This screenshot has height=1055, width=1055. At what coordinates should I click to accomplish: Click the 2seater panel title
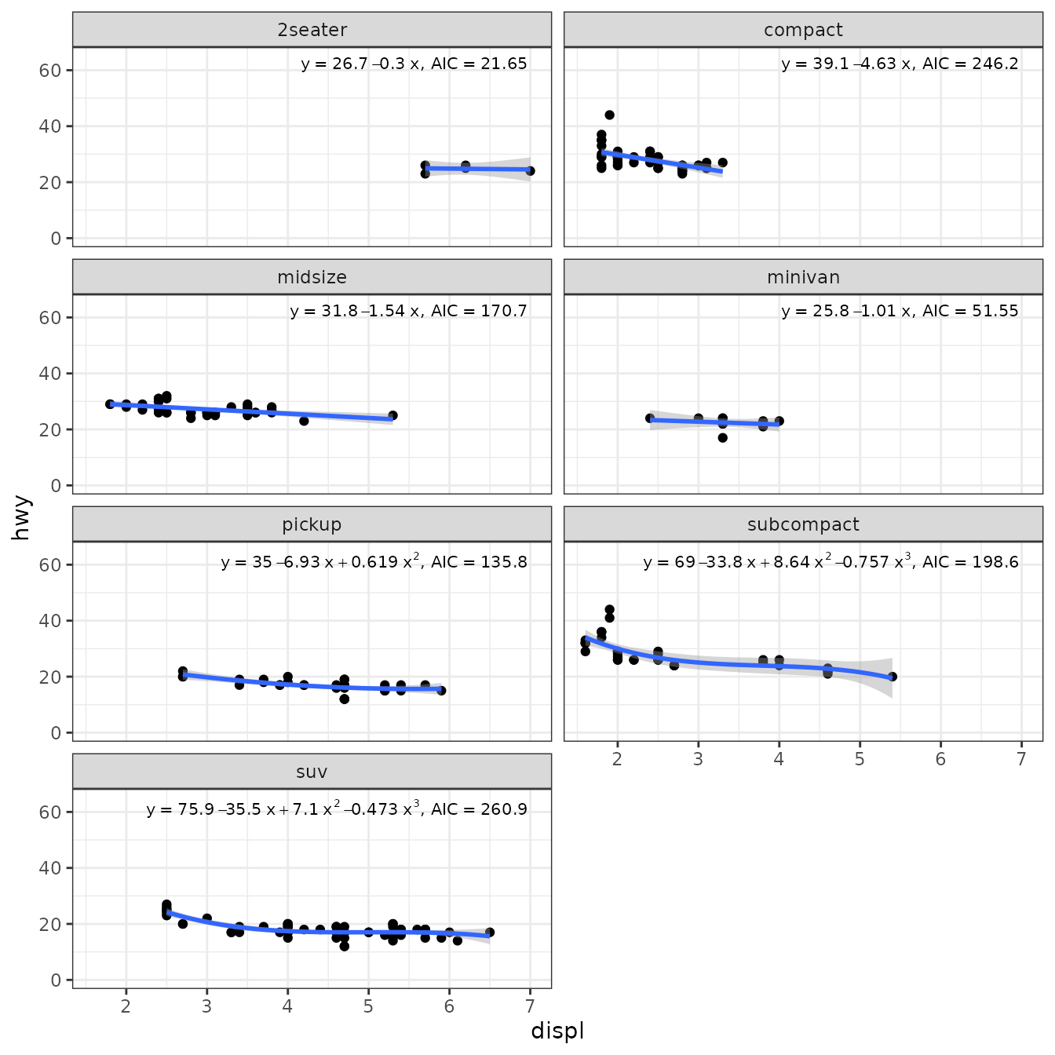pyautogui.click(x=312, y=30)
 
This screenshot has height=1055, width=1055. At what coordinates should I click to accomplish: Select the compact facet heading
pyautogui.click(x=803, y=30)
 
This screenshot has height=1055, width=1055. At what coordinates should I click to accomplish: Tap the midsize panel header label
pyautogui.click(x=312, y=277)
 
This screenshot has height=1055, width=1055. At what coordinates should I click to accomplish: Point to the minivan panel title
pyautogui.click(x=803, y=277)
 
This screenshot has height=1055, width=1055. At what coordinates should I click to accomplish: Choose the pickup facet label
pyautogui.click(x=312, y=524)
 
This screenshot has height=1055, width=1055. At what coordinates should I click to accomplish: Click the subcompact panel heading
pyautogui.click(x=803, y=524)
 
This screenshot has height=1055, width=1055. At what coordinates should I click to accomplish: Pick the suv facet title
pyautogui.click(x=312, y=772)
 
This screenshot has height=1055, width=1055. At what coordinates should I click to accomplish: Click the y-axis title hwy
pyautogui.click(x=22, y=517)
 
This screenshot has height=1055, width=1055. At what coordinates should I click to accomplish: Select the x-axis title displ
pyautogui.click(x=557, y=1031)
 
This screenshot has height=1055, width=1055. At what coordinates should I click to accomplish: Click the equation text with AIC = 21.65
pyautogui.click(x=414, y=64)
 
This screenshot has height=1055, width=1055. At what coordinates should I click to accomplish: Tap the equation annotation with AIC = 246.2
pyautogui.click(x=900, y=64)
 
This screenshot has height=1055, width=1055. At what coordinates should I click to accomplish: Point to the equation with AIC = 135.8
pyautogui.click(x=374, y=561)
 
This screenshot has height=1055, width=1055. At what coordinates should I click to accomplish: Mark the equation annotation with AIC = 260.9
pyautogui.click(x=337, y=809)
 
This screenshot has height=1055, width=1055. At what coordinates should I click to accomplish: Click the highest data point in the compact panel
pyautogui.click(x=609, y=115)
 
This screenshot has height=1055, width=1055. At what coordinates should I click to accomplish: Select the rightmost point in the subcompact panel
pyautogui.click(x=892, y=677)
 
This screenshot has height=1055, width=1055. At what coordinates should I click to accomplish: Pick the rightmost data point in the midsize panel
pyautogui.click(x=392, y=415)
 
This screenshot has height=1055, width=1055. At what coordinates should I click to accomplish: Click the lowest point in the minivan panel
pyautogui.click(x=722, y=438)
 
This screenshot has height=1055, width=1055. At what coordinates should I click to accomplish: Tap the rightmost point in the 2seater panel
pyautogui.click(x=530, y=171)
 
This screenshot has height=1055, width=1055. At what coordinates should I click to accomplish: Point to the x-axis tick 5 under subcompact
pyautogui.click(x=860, y=759)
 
